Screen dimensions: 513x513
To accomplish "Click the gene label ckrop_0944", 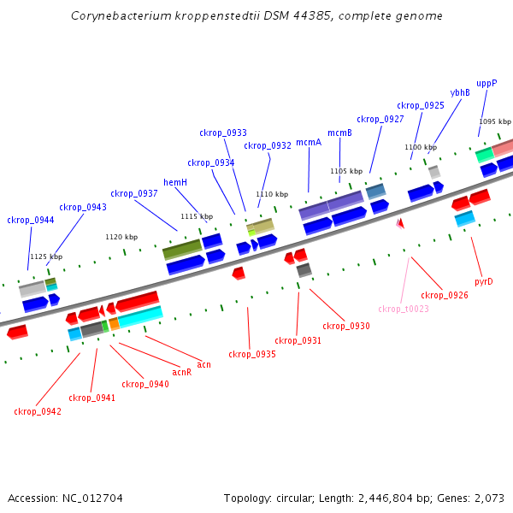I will point(31,221).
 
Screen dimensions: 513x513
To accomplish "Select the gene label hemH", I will point(175,182).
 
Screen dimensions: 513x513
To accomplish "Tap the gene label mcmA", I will point(309,143).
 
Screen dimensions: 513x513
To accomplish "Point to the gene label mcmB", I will point(339,133).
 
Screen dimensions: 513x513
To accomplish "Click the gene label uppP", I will point(486,84).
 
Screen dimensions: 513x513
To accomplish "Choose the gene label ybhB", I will point(460,92).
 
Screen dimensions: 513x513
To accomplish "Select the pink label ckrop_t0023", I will point(404,309).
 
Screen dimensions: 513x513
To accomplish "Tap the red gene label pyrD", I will point(484,281).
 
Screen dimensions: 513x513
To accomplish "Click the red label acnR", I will point(181,372).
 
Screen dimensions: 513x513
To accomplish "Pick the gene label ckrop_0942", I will point(38,411).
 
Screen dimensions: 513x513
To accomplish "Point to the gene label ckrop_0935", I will point(251,354).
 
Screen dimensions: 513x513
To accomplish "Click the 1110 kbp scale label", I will point(271,194).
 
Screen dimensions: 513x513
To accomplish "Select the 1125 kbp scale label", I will point(46,256).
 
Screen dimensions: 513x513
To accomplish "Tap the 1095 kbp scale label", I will point(494,121).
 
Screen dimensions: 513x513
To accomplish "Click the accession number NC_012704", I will point(95,498).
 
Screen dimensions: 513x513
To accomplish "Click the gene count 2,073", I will point(487,498).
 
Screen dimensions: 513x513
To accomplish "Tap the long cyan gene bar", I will point(140,317).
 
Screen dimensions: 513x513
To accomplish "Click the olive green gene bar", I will point(182,250).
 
